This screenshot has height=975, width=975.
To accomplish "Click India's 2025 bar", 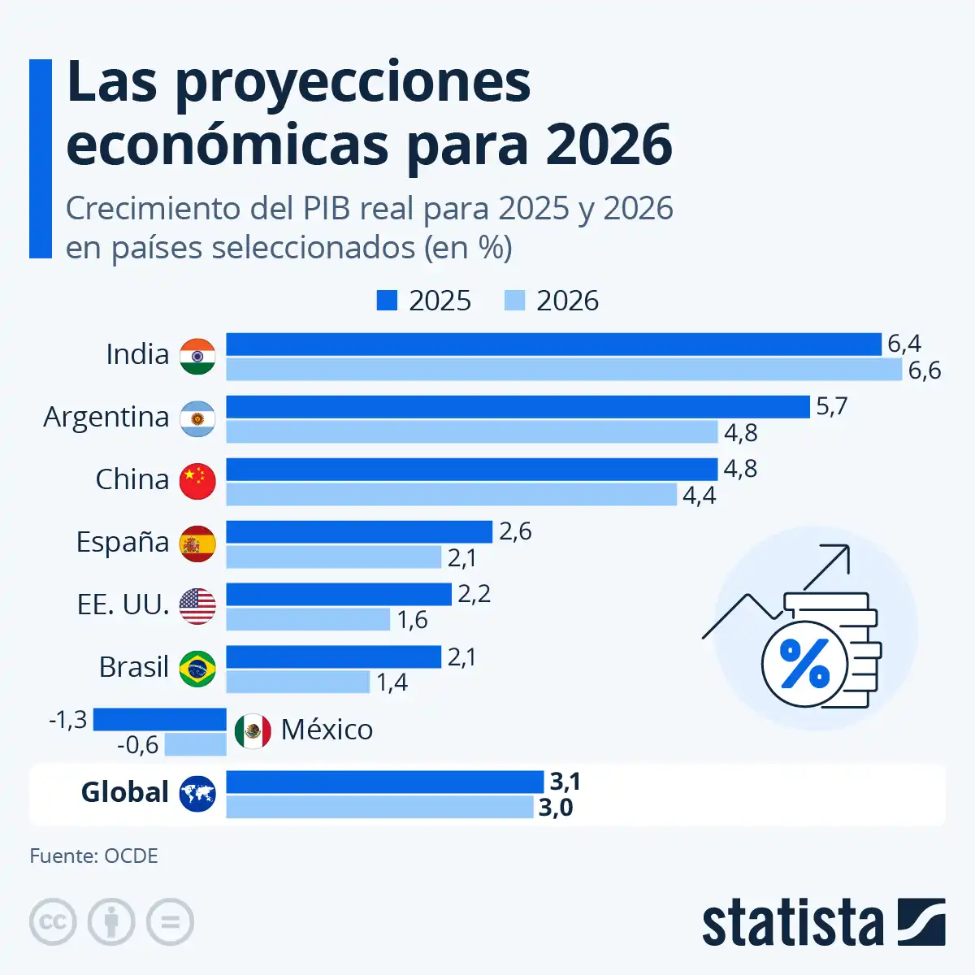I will (552, 344).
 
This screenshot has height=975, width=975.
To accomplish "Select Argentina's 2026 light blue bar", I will (471, 432).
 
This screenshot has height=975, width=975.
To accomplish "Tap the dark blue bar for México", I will (159, 719).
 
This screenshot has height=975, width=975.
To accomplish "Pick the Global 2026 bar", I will (379, 807).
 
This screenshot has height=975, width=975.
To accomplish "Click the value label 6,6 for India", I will (924, 370).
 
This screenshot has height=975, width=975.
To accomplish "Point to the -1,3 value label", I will (68, 720).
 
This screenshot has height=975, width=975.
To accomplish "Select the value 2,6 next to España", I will (515, 531).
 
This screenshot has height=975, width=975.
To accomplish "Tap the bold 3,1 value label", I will (565, 782).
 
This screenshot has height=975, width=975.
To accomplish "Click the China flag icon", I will (197, 481).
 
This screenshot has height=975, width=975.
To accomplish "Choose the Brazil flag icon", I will (197, 668).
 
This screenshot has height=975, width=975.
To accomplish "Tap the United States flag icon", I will (197, 606).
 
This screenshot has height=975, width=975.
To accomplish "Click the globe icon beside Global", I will (197, 793).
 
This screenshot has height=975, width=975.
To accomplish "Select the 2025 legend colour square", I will (387, 301).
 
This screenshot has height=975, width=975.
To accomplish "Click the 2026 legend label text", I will (567, 301).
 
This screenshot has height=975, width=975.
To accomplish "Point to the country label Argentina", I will (106, 417).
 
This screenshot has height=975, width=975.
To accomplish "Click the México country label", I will (327, 730).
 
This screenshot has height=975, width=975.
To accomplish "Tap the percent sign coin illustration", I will (804, 664).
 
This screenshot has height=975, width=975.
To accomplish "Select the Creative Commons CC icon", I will (53, 922).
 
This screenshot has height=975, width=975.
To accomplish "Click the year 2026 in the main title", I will (609, 145).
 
